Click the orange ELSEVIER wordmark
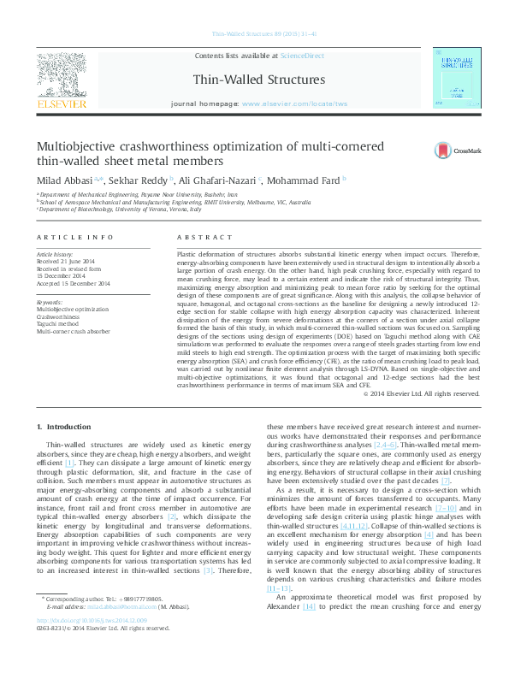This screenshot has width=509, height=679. [62, 104]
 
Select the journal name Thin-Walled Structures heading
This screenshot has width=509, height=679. [259, 80]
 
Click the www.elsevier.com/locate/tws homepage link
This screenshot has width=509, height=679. [295, 103]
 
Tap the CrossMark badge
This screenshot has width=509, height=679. [450, 151]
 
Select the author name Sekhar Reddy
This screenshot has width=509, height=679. [140, 180]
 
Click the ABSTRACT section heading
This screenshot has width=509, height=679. [204, 236]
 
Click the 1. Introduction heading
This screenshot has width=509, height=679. [66, 426]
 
